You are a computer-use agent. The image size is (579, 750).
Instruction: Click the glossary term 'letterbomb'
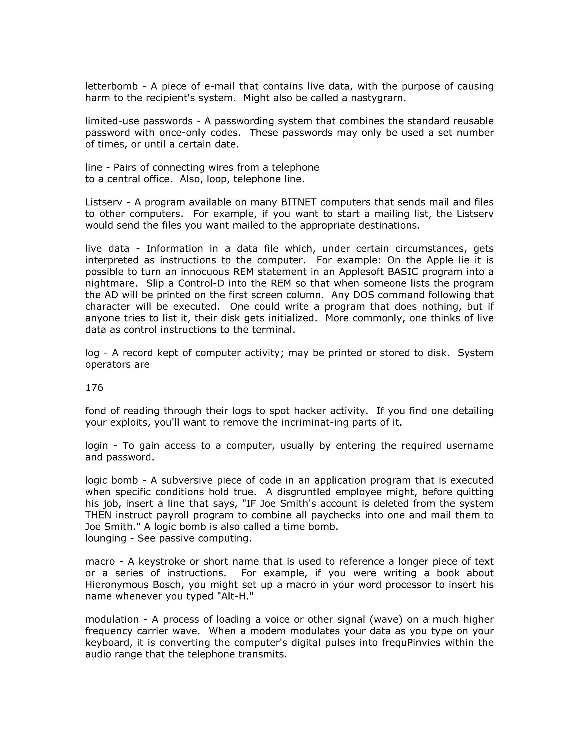coord(111,86)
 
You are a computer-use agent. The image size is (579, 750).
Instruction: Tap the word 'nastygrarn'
coord(377,98)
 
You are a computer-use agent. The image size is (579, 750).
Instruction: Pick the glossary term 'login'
coord(96,446)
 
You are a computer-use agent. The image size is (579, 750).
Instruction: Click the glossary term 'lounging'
coord(106,538)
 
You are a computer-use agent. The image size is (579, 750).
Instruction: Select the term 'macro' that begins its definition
coord(100,562)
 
